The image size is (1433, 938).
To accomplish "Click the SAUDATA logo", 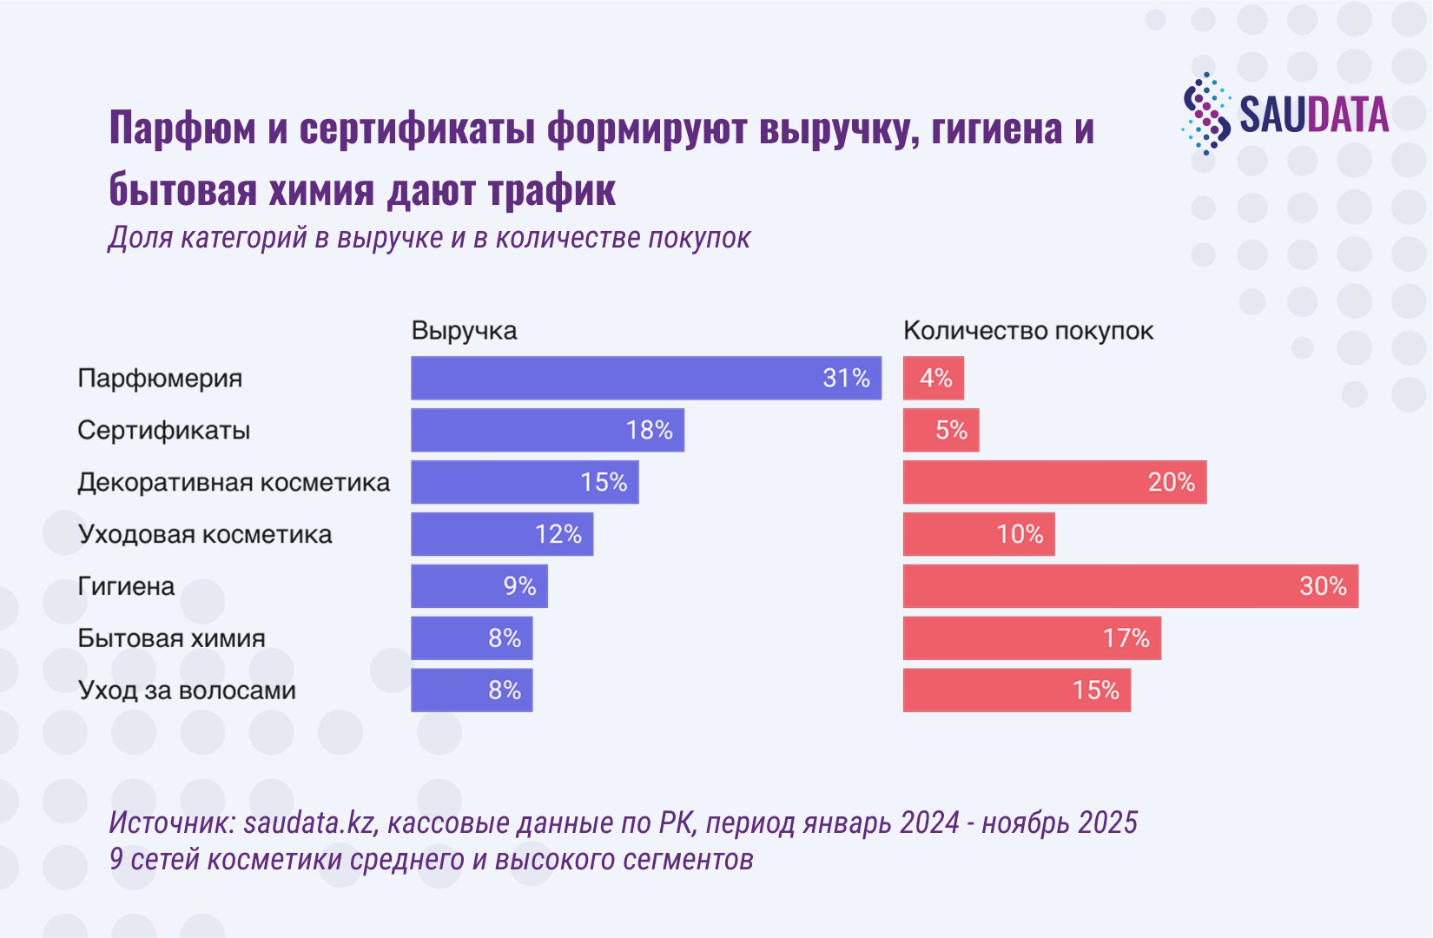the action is point(1284,114).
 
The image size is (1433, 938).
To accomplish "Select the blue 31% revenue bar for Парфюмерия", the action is point(646,378).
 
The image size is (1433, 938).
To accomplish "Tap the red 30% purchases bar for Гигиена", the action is point(1131,586).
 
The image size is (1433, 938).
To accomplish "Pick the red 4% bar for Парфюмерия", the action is point(934,378).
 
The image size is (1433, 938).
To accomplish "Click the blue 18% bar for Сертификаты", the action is point(548,430).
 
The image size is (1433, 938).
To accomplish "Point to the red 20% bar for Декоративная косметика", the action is point(1055,482).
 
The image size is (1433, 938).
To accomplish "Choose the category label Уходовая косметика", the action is point(205,534).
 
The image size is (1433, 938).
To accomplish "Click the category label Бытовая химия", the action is point(171,637).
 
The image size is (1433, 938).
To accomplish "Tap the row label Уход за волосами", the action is point(187,690).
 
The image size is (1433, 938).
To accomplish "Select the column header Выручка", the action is point(464,331).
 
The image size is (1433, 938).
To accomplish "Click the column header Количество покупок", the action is point(1028,331).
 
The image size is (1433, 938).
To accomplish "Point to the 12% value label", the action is point(558,534).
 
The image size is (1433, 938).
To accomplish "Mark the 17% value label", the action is point(1126,637).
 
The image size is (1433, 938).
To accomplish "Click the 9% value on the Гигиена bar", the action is point(520,586).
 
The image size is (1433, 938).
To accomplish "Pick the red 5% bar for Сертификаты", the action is point(941,430).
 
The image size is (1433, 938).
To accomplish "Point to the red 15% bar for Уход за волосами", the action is point(1017,690).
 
